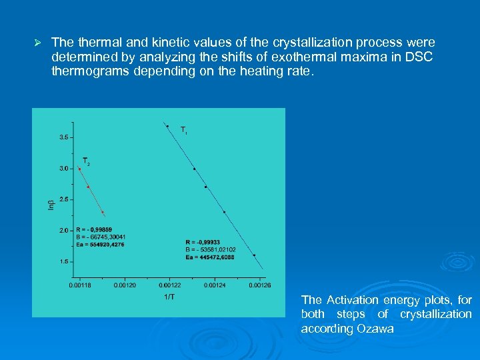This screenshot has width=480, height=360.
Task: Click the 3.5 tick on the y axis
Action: click(x=63, y=137)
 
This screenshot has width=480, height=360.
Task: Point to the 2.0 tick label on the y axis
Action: click(x=63, y=231)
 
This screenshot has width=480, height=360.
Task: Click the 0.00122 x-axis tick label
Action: click(x=170, y=285)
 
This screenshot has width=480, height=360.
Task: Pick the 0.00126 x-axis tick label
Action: click(x=260, y=285)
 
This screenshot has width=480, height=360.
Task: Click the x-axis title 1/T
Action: click(x=170, y=296)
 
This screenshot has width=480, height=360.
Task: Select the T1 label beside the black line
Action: click(x=184, y=131)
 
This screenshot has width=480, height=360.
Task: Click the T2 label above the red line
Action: click(x=86, y=161)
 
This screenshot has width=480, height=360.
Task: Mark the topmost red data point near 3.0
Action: click(x=79, y=169)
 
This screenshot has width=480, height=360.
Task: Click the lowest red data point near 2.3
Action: click(x=103, y=213)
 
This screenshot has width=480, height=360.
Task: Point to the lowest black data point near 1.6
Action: click(x=254, y=255)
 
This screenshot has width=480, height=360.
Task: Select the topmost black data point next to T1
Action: click(x=167, y=126)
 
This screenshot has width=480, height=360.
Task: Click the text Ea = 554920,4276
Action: click(x=101, y=244)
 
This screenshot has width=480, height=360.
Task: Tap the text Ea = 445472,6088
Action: click(x=211, y=257)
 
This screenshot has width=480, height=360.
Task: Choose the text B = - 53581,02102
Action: click(x=211, y=249)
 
